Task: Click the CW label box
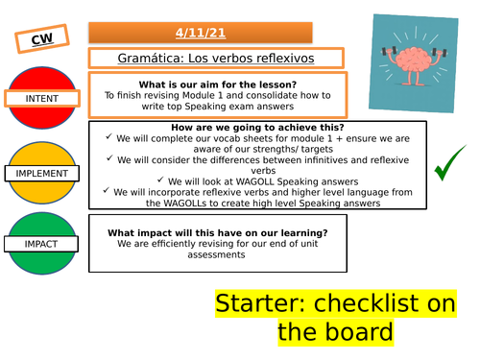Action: tap(41, 39)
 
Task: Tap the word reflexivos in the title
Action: tap(281, 59)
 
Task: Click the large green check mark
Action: tap(444, 170)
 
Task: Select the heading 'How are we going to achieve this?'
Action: tap(254, 128)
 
